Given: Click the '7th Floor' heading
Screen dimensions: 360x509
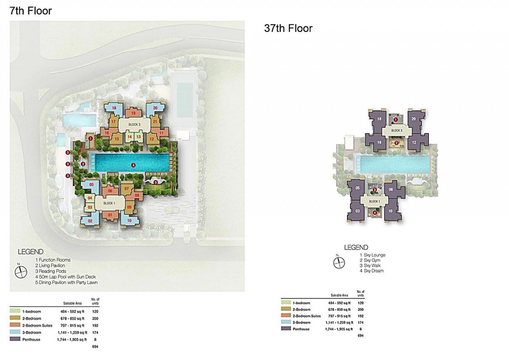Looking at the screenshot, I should pos(31,10).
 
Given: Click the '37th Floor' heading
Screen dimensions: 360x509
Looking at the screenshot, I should pos(288,28).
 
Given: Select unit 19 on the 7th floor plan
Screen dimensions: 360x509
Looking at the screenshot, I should pos(133,113).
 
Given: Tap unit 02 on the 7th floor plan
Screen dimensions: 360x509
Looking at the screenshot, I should pos(90,221).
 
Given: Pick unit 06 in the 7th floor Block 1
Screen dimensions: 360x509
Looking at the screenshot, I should pos(110,191).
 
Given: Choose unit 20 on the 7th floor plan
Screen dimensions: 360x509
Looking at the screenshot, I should pos(155,108).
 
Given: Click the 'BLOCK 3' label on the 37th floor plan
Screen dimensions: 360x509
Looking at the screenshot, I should pos(396,131).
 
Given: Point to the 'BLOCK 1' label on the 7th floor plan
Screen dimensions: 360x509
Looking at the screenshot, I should pos(109,203).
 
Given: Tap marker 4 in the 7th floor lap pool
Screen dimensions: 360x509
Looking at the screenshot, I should pos(133,165).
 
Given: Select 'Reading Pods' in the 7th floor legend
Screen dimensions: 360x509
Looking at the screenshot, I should pos(53,271).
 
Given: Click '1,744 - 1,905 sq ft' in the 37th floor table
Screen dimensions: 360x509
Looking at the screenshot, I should pos(339,329).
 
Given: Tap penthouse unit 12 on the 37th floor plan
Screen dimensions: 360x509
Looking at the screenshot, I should pos(414,143).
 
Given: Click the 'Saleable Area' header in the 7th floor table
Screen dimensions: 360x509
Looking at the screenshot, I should pos(72,302).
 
